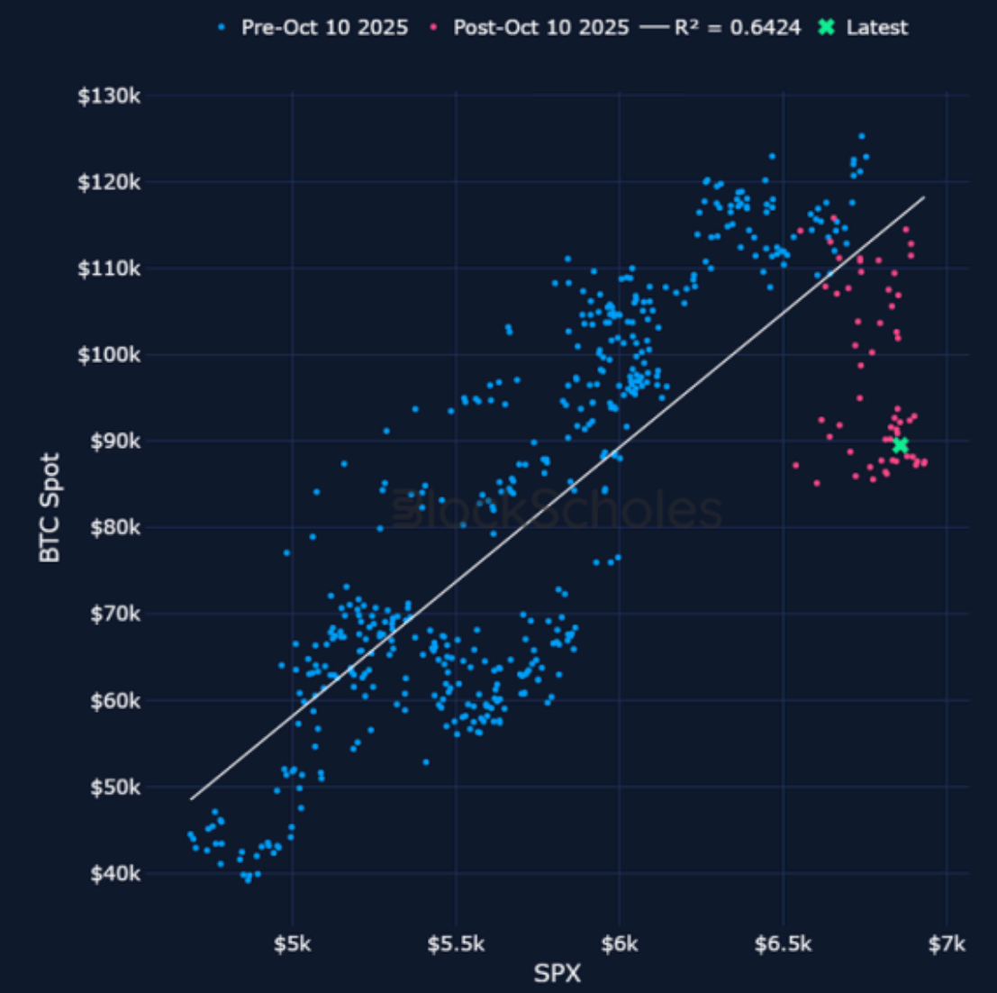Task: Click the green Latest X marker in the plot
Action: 900,445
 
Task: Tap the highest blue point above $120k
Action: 861,136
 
